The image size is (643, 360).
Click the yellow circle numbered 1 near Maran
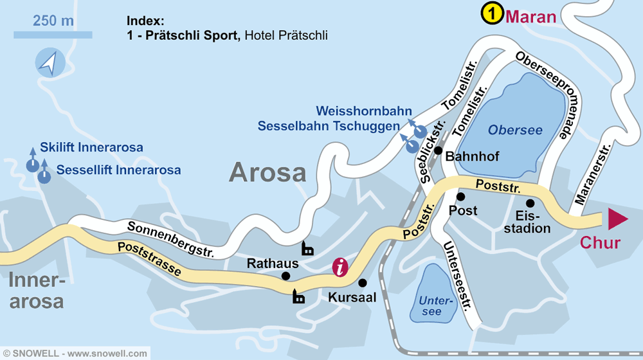pyautogui.click(x=493, y=14)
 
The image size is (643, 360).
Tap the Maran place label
pyautogui.click(x=531, y=15)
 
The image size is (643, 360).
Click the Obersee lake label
pyautogui.click(x=515, y=130)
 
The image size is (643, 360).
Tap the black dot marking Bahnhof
pyautogui.click(x=438, y=151)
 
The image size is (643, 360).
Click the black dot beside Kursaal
pyautogui.click(x=362, y=282)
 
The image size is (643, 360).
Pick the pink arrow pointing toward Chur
pyautogui.click(x=617, y=219)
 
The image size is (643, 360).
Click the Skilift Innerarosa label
pyautogui.click(x=91, y=148)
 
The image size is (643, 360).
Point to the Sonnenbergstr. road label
pyautogui.click(x=170, y=238)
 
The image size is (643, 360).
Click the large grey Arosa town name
pyautogui.click(x=267, y=172)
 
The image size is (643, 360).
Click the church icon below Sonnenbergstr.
pyautogui.click(x=307, y=248)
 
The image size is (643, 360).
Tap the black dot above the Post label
pyautogui.click(x=460, y=196)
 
